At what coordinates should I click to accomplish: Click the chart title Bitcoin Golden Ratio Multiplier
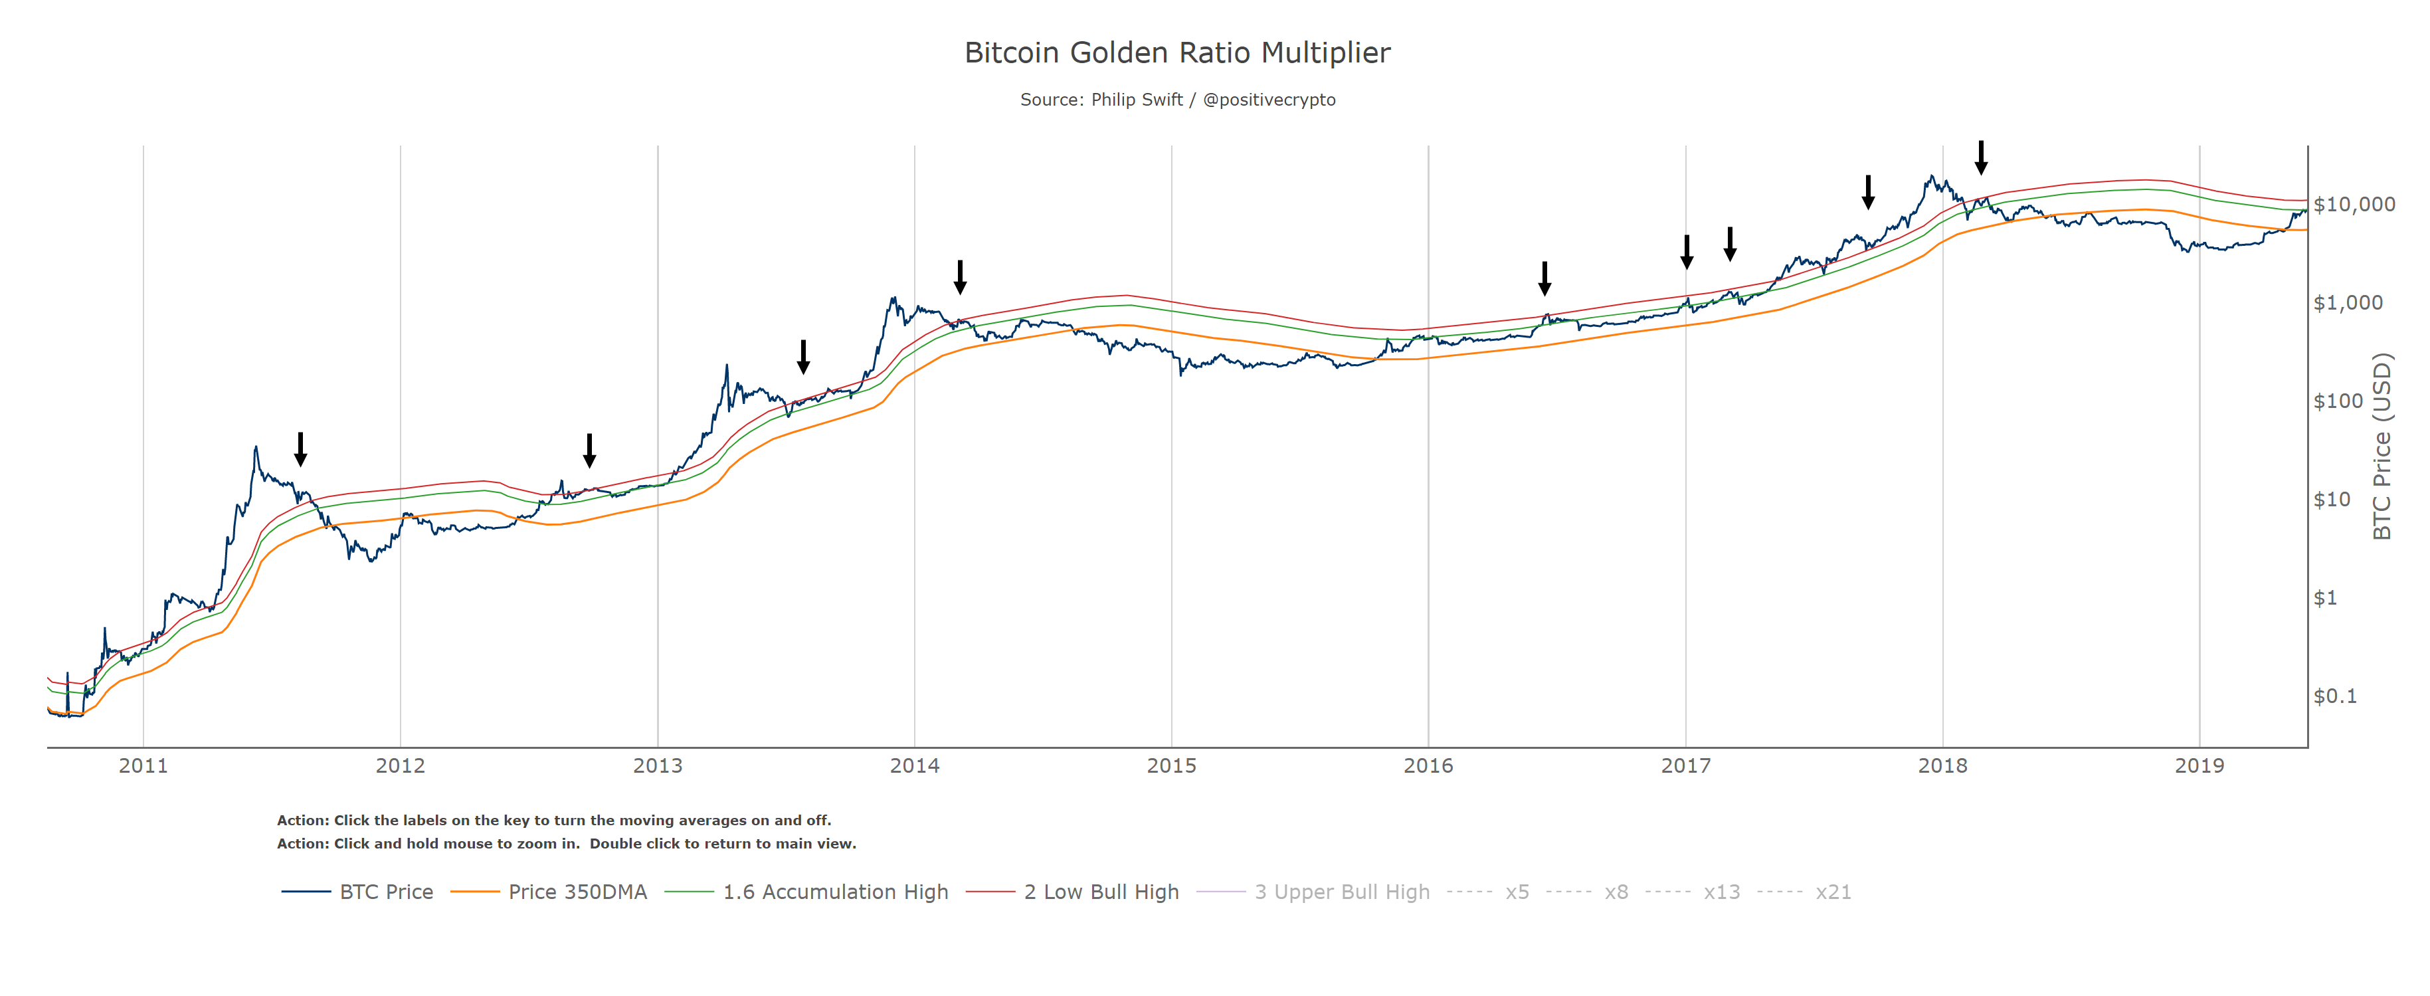coord(1176,52)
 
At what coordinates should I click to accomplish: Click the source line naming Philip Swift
coord(1176,100)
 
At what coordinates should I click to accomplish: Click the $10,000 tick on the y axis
coord(2354,205)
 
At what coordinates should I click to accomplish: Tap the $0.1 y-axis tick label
coord(2335,696)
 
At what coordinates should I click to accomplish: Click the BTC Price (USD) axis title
coord(2382,446)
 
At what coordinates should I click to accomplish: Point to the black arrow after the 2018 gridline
coord(1981,157)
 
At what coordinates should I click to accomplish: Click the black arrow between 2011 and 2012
coord(300,449)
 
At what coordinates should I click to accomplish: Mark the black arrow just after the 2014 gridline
coord(959,277)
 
